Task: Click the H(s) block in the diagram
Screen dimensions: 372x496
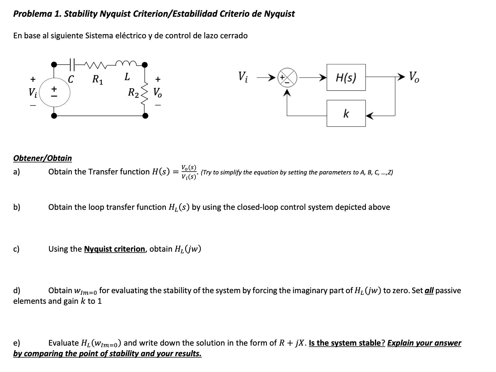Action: [x=346, y=77]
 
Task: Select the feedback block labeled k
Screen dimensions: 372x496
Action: [x=346, y=113]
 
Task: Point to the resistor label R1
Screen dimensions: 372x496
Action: [x=97, y=79]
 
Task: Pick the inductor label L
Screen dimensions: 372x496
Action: [x=127, y=77]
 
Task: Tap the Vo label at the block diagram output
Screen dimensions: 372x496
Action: [x=414, y=77]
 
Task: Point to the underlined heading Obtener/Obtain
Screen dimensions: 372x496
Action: [x=43, y=158]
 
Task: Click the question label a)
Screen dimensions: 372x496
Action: [x=16, y=172]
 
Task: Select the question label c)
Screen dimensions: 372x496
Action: [x=16, y=249]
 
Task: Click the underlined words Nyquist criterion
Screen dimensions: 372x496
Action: [x=114, y=249]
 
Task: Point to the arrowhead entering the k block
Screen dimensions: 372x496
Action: [x=369, y=115]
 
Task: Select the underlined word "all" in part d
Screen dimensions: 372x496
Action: [x=429, y=291]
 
